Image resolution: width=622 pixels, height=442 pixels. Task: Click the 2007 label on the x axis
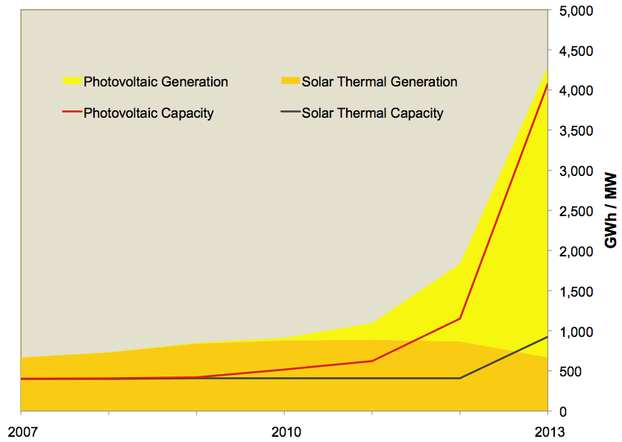pyautogui.click(x=20, y=432)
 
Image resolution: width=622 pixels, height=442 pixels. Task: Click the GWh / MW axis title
pyautogui.click(x=609, y=211)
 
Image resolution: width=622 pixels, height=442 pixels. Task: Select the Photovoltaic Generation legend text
pyautogui.click(x=156, y=81)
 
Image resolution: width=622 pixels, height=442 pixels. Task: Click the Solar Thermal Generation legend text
pyautogui.click(x=379, y=81)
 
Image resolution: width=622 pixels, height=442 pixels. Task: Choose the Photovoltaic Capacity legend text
pyautogui.click(x=148, y=113)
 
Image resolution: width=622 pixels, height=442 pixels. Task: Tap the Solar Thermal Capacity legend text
pyautogui.click(x=372, y=113)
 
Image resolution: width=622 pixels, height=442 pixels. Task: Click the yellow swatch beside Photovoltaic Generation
pyautogui.click(x=72, y=80)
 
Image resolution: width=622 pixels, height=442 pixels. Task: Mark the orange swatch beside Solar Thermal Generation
pyautogui.click(x=289, y=80)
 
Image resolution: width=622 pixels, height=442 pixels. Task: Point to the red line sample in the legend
pyautogui.click(x=72, y=113)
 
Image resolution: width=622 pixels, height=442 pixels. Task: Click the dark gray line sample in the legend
pyautogui.click(x=289, y=113)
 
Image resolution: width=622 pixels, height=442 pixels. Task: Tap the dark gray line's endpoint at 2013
pyautogui.click(x=547, y=337)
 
